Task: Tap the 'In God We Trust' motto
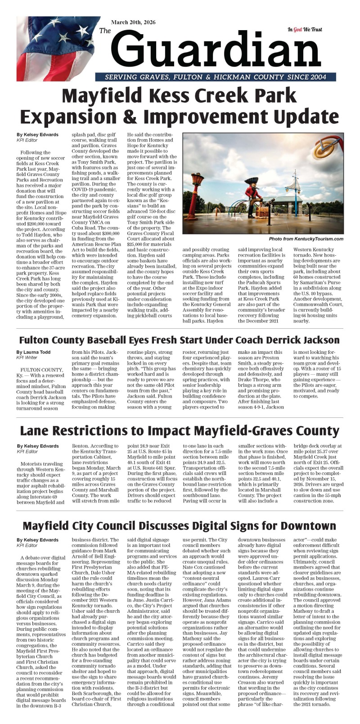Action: pyautogui.click(x=305, y=30)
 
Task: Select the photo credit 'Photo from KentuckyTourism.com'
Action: pyautogui.click(x=306, y=239)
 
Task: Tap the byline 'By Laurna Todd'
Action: pyautogui.click(x=34, y=352)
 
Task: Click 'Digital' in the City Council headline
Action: pyautogui.click(x=213, y=526)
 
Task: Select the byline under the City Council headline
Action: pyautogui.click(x=37, y=539)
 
